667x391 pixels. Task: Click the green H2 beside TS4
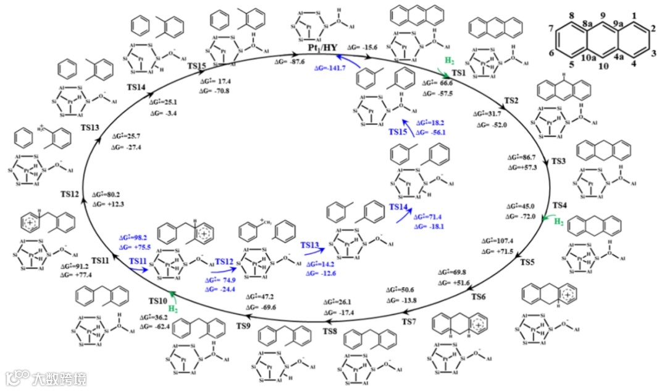[x=558, y=220]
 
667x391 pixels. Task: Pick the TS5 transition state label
[x=527, y=262]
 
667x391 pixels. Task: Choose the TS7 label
[x=409, y=322]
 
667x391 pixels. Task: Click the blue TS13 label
[x=313, y=246]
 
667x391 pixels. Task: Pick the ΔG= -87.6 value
[x=292, y=62]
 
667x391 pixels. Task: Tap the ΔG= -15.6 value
[x=364, y=47]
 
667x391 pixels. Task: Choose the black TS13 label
[x=90, y=126]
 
